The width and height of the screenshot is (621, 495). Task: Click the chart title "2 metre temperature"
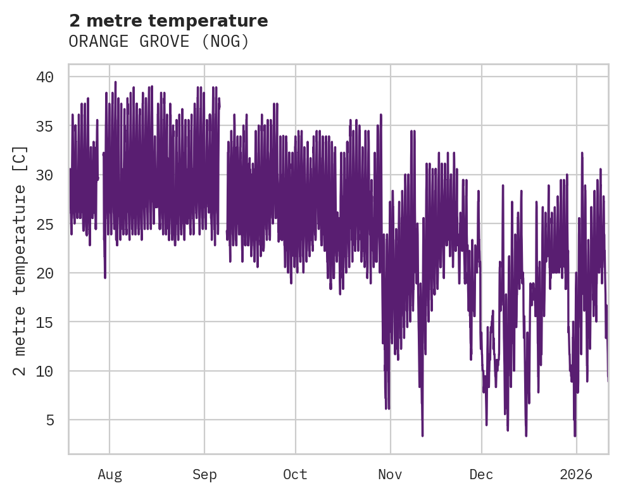168,21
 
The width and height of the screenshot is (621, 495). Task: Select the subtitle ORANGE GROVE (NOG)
159,42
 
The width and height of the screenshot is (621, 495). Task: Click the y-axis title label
20,260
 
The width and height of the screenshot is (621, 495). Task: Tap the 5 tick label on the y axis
49,420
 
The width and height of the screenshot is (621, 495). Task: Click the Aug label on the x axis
110,475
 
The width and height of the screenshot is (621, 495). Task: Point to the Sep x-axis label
204,475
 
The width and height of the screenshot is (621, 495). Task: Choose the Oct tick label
295,475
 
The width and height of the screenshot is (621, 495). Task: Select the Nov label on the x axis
391,475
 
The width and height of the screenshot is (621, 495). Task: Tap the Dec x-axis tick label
481,475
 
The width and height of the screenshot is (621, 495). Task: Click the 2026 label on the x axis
577,475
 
